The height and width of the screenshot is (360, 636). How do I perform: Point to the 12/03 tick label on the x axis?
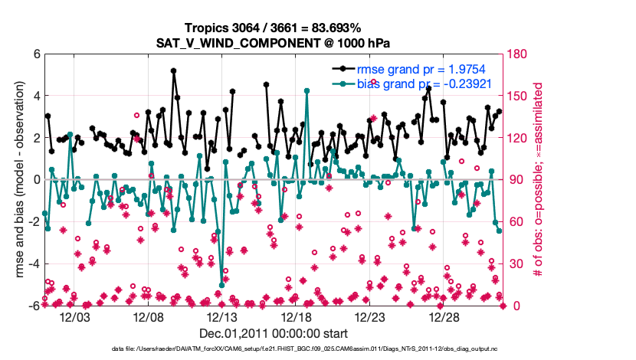click(x=75, y=317)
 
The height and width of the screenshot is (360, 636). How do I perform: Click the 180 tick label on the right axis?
click(x=517, y=54)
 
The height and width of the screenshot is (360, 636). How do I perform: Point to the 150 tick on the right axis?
click(x=517, y=97)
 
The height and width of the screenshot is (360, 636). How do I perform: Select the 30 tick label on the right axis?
click(x=514, y=264)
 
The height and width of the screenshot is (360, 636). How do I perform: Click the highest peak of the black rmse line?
click(x=174, y=71)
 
